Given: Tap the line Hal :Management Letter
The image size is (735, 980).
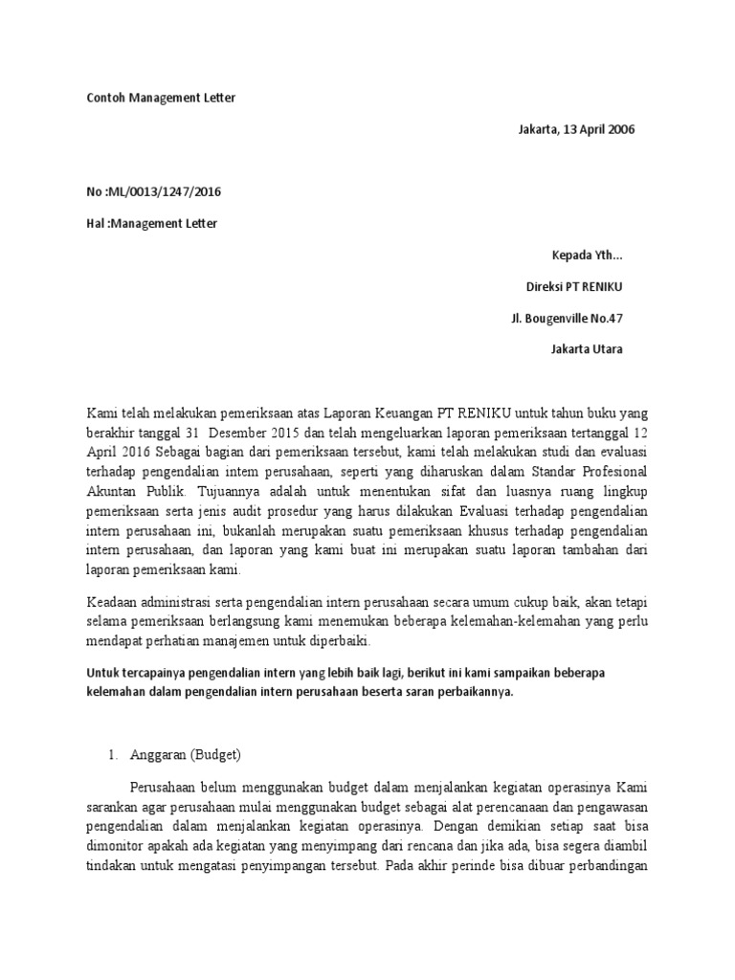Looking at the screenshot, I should tap(151, 224).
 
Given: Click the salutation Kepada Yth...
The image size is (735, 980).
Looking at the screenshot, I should tap(587, 256).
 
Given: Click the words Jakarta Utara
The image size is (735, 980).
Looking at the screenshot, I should tap(586, 349).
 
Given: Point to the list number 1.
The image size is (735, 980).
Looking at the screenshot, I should tap(111, 755).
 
